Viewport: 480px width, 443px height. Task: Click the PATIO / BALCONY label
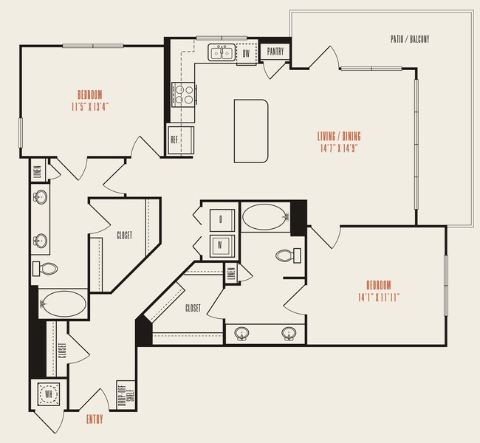point(409,38)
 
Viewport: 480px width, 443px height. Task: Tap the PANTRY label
point(276,52)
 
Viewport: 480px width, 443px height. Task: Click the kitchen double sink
point(221,52)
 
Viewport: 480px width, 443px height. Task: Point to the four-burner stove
point(184,94)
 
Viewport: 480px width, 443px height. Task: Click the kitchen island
point(251,131)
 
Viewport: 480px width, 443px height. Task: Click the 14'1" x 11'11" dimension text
point(377,296)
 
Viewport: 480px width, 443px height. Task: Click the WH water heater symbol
point(49,394)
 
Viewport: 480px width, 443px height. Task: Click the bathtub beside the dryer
point(265,219)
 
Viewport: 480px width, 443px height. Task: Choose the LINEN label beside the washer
point(231,275)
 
